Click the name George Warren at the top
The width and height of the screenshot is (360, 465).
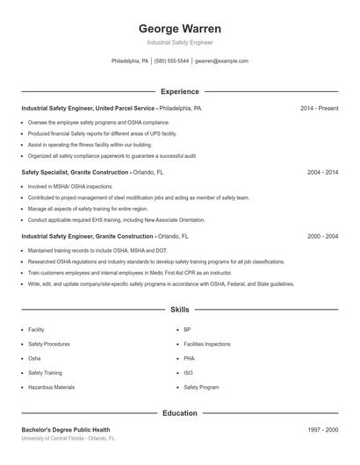[x=179, y=28]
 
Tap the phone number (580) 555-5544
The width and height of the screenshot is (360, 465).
[x=171, y=61]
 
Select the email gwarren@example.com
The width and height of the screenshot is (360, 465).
[x=221, y=61]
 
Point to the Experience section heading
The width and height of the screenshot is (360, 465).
[x=179, y=91]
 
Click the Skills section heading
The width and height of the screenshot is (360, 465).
[x=179, y=310]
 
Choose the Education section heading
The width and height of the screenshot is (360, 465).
[x=179, y=412]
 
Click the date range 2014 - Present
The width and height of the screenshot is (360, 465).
[x=319, y=109]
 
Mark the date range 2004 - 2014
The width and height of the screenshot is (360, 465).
[x=322, y=173]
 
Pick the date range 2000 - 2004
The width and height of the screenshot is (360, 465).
[x=322, y=237]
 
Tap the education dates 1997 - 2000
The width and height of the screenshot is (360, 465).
[x=322, y=430]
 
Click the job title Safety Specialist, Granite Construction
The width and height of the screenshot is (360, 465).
[x=75, y=173]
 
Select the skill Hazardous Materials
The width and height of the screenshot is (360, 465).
[x=51, y=387]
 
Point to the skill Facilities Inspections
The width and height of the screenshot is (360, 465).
[x=207, y=344]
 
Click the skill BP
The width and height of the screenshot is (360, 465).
[x=187, y=330]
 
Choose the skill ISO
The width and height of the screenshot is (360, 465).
[x=188, y=373]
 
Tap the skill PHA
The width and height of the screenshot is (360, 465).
[x=189, y=358]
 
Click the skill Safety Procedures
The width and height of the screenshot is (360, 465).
[x=49, y=344]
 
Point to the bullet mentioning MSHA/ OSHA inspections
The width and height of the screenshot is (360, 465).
[x=70, y=187]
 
